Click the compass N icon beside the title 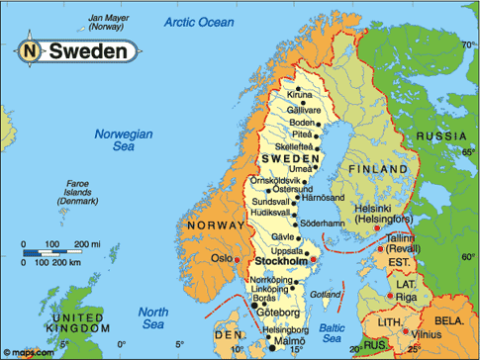[31, 50]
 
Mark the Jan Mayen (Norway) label [110, 23]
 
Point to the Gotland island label [326, 295]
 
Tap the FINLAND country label [375, 169]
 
